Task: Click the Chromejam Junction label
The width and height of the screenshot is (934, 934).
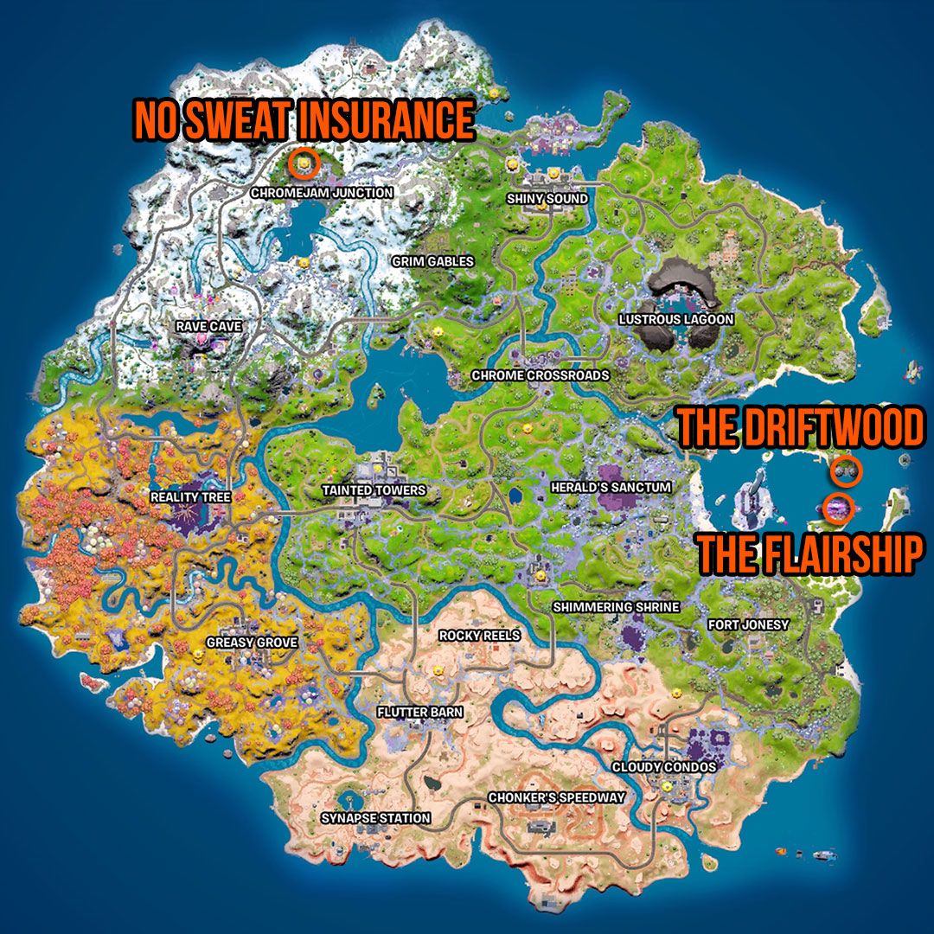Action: pos(322,193)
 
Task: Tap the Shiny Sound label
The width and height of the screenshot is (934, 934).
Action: pos(547,199)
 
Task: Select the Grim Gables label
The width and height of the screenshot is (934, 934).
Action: pos(433,260)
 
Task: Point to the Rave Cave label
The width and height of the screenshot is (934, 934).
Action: pos(208,326)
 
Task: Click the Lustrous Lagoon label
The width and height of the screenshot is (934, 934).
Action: pos(676,319)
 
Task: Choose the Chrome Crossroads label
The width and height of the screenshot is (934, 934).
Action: pos(541,375)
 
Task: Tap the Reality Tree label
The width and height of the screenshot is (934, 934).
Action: pos(191,497)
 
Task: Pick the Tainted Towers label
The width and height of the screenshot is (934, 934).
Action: pos(374,490)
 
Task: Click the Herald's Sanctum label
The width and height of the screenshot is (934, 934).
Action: pos(611,488)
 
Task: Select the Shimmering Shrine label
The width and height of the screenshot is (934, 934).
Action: pos(617,607)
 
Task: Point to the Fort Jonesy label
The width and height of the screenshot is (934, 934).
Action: pos(749,624)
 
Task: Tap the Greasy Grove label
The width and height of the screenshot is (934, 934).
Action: pos(252,643)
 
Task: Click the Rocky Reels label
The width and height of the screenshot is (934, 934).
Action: pos(480,636)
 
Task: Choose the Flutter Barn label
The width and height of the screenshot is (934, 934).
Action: pos(419,713)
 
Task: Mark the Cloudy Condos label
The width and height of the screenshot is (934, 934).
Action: pos(664,767)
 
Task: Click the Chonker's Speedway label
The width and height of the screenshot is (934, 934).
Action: pos(556,797)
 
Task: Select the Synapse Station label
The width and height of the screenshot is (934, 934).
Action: pos(375,818)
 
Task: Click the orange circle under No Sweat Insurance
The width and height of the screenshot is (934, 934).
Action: pos(304,162)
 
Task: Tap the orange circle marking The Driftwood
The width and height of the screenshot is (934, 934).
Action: pos(846,471)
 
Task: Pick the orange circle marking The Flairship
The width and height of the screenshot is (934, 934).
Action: pos(837,508)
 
